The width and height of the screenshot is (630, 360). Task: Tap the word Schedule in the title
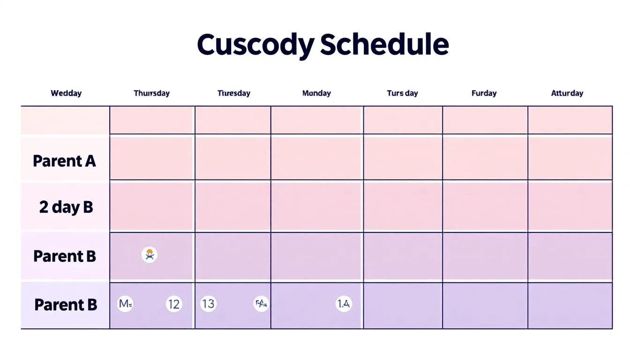tap(384, 45)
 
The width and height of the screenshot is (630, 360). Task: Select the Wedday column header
tap(66, 93)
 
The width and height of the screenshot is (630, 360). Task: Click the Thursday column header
tap(151, 93)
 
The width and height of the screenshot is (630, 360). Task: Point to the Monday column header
tap(316, 93)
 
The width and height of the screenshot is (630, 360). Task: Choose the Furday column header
tap(484, 93)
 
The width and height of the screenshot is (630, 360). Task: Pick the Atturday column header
tap(567, 93)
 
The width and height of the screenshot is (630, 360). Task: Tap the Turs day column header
tap(402, 93)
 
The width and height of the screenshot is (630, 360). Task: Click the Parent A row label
tap(64, 161)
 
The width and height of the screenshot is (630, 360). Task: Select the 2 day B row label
tap(66, 207)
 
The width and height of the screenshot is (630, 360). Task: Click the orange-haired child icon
tap(150, 255)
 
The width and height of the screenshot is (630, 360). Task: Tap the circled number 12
tap(174, 304)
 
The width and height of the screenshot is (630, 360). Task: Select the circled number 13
tap(208, 304)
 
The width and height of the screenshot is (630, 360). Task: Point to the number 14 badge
tap(344, 304)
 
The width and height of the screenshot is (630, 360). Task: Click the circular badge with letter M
tap(125, 304)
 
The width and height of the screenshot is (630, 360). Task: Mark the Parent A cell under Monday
tap(316, 158)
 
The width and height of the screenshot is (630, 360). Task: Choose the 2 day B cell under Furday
tap(485, 206)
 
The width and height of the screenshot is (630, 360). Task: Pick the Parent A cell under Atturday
tap(570, 158)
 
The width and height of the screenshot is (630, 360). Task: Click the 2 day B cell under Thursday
tap(151, 206)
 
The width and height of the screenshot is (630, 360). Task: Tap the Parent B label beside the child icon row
tap(65, 256)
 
